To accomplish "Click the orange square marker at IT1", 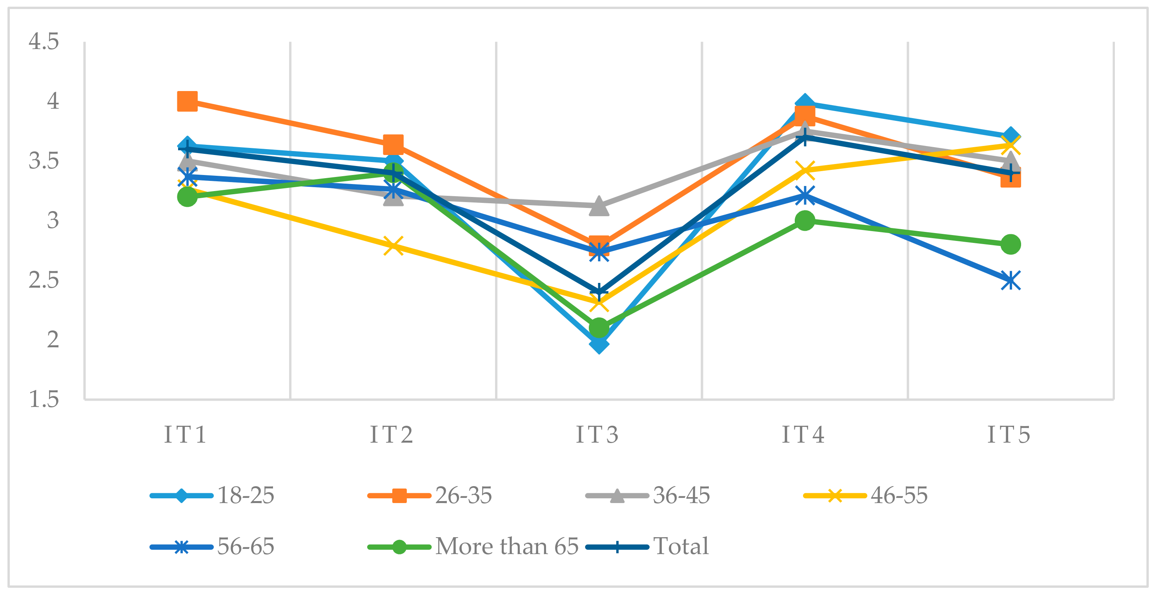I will point(188,101).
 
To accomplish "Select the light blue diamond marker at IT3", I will point(599,345).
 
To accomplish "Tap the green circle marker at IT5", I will point(1011,244).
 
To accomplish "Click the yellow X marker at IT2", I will point(393,246).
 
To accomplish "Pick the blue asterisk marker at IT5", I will point(1011,281).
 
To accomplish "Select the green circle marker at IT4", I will point(805,220).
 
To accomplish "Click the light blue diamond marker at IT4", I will point(805,104).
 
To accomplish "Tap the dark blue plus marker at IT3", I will point(599,292).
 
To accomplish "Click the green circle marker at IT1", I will point(188,197).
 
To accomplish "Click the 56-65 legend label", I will point(246,547).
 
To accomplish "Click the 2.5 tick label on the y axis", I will point(44,280).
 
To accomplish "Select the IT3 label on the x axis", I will point(597,435).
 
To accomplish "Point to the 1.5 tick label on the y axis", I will point(44,399).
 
